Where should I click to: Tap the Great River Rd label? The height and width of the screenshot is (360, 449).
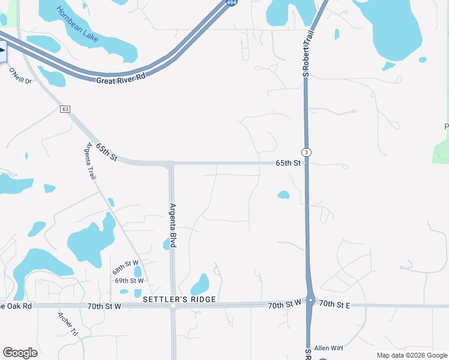pos(121,77)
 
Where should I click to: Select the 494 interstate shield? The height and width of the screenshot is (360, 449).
pos(231,3)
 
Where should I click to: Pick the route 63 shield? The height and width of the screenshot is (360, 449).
pos(65,109)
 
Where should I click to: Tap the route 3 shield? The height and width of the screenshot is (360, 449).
pos(307,152)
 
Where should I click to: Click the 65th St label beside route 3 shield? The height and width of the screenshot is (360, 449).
pos(288,163)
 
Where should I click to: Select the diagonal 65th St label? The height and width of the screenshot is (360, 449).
pos(106,151)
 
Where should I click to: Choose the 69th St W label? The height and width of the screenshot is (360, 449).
pos(129,280)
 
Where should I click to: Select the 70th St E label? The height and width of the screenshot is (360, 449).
pos(334,305)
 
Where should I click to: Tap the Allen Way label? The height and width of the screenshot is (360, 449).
pos(328,348)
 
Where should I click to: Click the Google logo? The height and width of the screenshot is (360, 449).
pos(20,353)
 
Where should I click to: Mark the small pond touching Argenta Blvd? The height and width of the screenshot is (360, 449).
pos(166,244)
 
